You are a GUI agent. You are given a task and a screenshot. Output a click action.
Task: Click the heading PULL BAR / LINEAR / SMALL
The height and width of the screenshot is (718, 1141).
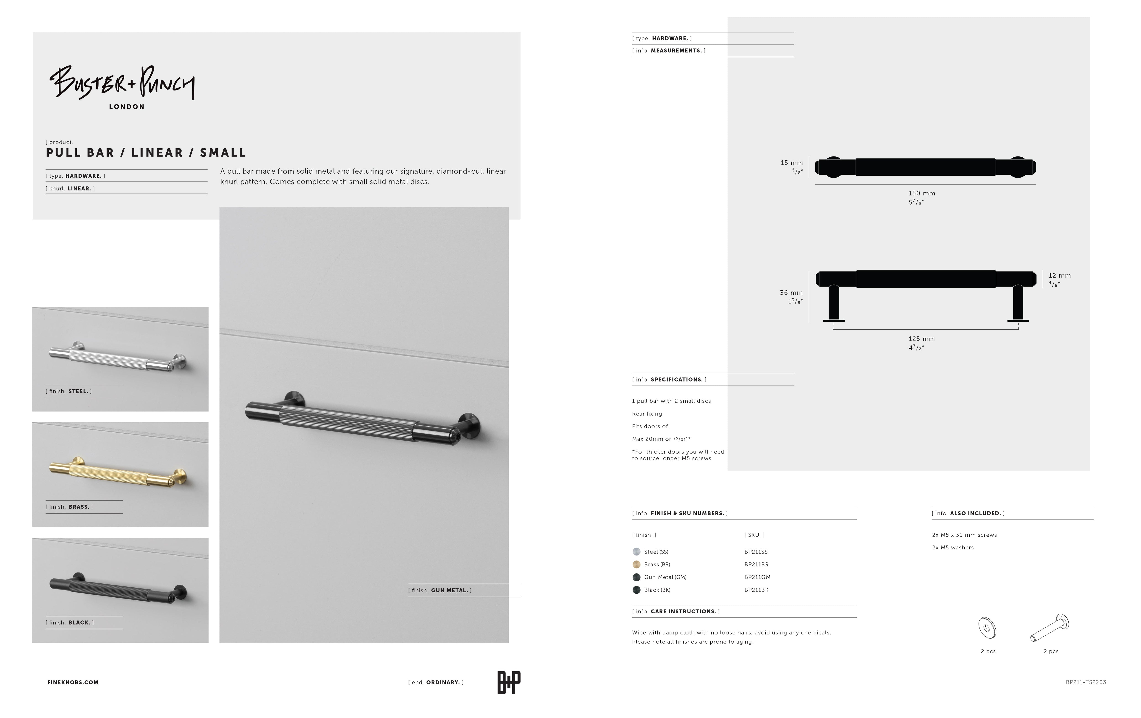(x=146, y=153)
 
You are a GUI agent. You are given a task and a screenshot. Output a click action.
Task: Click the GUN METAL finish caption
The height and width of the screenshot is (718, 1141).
(x=440, y=591)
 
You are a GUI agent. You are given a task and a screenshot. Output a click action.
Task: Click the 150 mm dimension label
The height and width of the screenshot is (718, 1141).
(x=922, y=193)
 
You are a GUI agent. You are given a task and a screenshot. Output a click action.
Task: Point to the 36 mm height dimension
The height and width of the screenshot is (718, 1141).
(x=791, y=293)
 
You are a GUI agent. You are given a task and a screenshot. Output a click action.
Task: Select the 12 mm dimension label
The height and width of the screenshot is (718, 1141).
(x=1060, y=276)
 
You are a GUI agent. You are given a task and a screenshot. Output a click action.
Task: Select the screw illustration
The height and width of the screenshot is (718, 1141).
(x=1049, y=627)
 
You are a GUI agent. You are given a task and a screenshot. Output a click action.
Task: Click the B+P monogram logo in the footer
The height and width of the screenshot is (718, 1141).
(x=509, y=682)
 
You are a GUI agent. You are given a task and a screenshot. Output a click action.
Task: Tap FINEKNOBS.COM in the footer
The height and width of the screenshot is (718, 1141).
(x=73, y=682)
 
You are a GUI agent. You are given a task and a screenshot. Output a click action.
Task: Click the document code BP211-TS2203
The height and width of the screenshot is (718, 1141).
(x=1086, y=682)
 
